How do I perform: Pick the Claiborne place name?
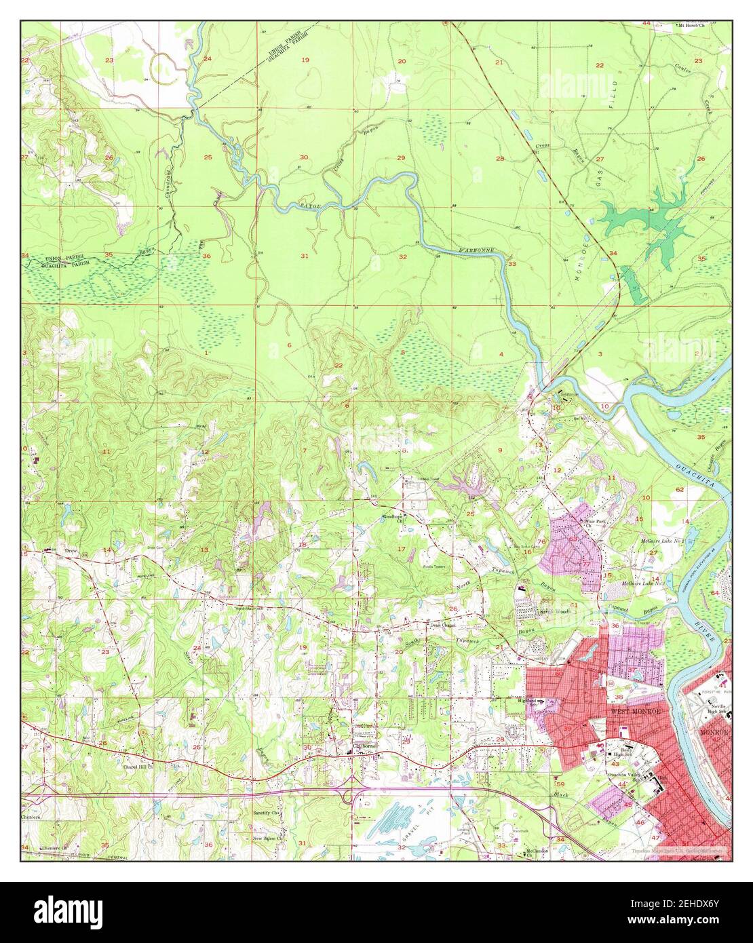click(364, 749)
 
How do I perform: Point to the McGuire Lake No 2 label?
click(661, 542)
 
